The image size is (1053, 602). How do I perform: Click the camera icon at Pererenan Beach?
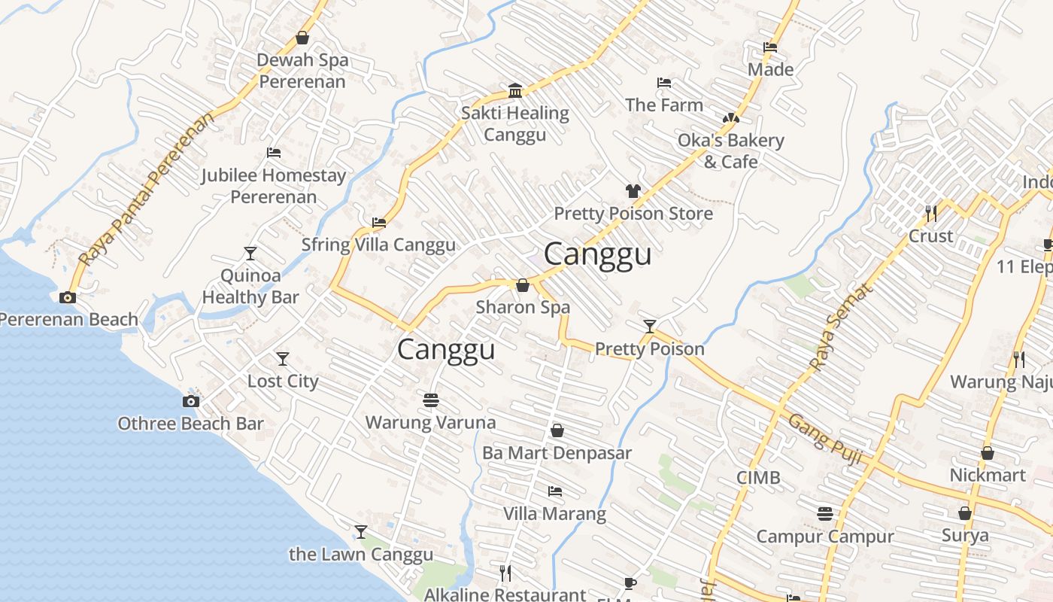pyautogui.click(x=68, y=297)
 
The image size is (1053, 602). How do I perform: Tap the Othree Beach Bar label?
pyautogui.click(x=190, y=424)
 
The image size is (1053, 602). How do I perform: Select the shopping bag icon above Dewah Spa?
pyautogui.click(x=302, y=38)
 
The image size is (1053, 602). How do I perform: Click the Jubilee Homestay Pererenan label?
pyautogui.click(x=273, y=186)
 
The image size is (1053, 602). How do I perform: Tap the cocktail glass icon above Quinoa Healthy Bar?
pyautogui.click(x=250, y=254)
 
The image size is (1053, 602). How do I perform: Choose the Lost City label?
pyautogui.click(x=283, y=382)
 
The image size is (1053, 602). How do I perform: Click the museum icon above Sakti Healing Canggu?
pyautogui.click(x=515, y=91)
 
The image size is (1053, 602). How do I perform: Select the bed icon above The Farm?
pyautogui.click(x=664, y=83)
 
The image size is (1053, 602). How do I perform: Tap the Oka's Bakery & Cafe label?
pyautogui.click(x=730, y=151)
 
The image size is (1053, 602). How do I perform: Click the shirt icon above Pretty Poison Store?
pyautogui.click(x=633, y=191)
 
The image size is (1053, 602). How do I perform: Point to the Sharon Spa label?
pyautogui.click(x=523, y=308)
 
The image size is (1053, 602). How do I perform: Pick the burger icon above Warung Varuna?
pyautogui.click(x=431, y=400)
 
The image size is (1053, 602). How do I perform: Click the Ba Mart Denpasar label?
pyautogui.click(x=557, y=453)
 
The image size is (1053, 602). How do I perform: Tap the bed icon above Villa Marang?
pyautogui.click(x=555, y=491)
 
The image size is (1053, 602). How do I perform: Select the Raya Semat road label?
pyautogui.click(x=842, y=327)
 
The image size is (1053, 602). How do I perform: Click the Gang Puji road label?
pyautogui.click(x=824, y=439)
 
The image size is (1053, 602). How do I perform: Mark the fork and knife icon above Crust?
pyautogui.click(x=931, y=213)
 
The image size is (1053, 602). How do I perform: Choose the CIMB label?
pyautogui.click(x=757, y=478)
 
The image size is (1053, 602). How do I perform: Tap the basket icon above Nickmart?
pyautogui.click(x=988, y=453)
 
